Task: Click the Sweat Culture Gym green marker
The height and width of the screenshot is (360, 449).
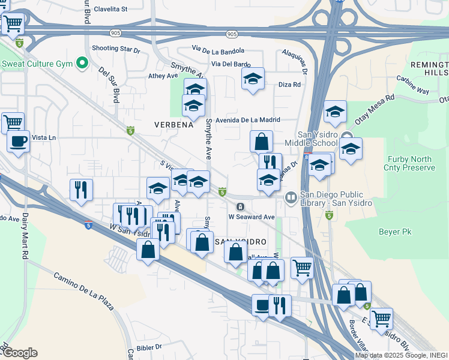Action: pyautogui.click(x=82, y=64)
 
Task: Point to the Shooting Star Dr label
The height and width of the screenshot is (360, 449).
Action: pyautogui.click(x=115, y=49)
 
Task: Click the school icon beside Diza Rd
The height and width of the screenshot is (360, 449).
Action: pyautogui.click(x=253, y=79)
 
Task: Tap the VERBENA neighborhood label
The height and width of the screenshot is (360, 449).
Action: pyautogui.click(x=173, y=125)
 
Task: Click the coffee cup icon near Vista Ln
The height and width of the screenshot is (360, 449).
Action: pyautogui.click(x=18, y=142)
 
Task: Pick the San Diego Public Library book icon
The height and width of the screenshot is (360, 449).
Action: pyautogui.click(x=291, y=197)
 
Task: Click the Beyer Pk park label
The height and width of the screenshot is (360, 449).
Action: pyautogui.click(x=394, y=230)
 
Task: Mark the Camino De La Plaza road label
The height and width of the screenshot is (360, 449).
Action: pyautogui.click(x=83, y=291)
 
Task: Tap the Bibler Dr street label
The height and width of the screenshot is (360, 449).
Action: pyautogui.click(x=149, y=347)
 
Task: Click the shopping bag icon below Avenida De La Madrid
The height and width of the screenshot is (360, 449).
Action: pyautogui.click(x=261, y=142)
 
